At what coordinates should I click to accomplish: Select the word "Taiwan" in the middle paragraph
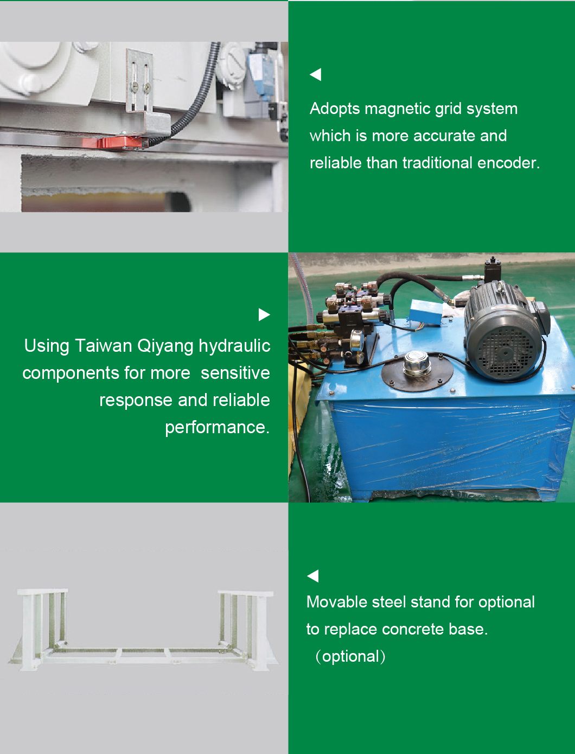point(103,346)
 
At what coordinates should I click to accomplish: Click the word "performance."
point(218,428)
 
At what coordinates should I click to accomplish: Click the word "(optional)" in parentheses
point(350,656)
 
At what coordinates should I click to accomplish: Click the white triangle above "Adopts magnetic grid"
point(316,74)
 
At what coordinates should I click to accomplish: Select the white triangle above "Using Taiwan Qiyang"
point(264,314)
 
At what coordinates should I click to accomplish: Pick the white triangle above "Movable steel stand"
point(313,576)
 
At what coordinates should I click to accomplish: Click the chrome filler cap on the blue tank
point(417,363)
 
